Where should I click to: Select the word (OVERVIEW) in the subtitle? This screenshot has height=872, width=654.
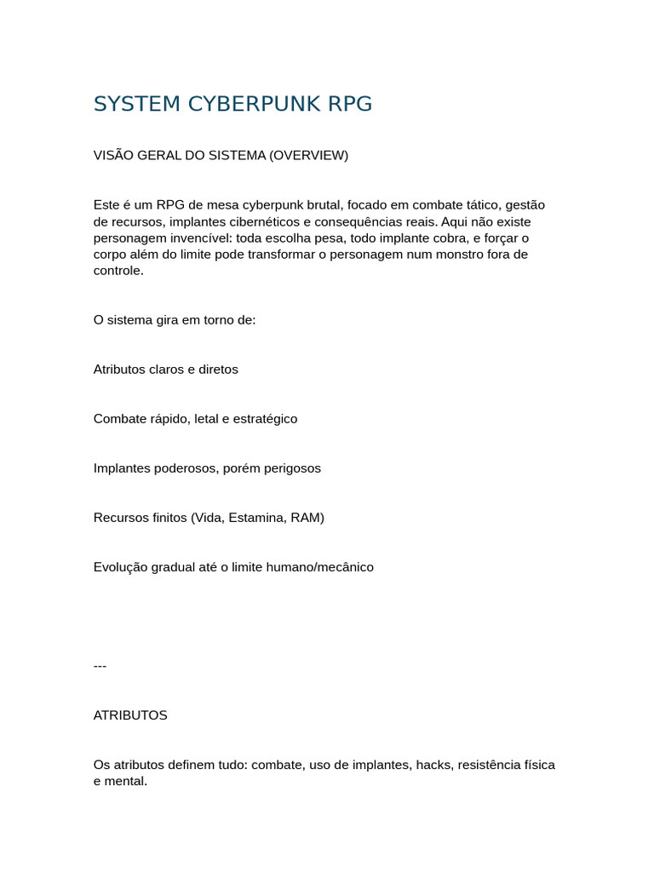click(x=309, y=156)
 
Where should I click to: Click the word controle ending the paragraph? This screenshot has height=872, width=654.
click(x=118, y=271)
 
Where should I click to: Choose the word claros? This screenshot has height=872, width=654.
click(x=166, y=370)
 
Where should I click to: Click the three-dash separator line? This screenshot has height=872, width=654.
click(x=100, y=666)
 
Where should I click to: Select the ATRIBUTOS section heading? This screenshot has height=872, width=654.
click(x=130, y=715)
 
